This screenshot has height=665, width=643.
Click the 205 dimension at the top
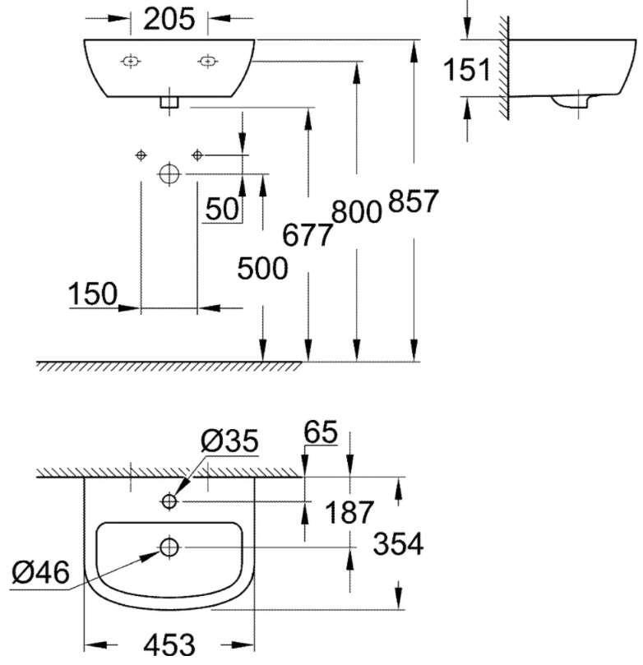tap(169, 18)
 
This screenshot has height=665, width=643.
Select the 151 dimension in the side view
tap(467, 71)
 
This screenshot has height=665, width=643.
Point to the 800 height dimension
tap(357, 213)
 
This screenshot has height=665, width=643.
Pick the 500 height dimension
tap(262, 268)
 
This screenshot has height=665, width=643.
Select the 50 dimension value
tap(222, 210)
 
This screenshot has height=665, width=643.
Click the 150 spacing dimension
tap(92, 293)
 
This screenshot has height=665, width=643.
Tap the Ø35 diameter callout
tap(229, 443)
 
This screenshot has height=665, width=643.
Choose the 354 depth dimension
tap(398, 544)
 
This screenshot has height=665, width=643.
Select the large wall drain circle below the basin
tap(169, 173)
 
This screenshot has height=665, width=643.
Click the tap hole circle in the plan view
tap(169, 501)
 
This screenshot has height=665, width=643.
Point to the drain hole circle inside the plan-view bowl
tap(169, 546)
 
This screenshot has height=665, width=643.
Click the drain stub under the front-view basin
tap(169, 102)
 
